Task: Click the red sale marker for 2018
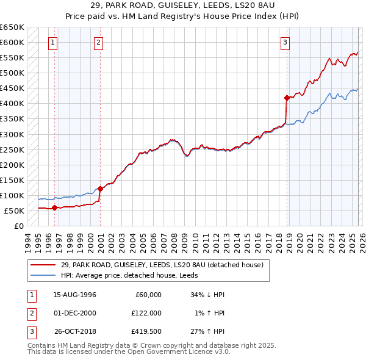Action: point(287,97)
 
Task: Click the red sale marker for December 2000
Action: point(100,189)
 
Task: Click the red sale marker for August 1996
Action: point(54,207)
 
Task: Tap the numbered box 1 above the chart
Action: point(54,42)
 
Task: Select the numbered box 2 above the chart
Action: point(98,42)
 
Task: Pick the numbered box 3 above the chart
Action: point(285,42)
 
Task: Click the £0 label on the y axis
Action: point(18,226)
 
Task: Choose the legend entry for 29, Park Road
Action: point(162,265)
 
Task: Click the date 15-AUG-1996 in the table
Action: point(74,295)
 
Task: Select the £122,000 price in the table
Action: point(146,313)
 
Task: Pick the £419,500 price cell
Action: point(146,332)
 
